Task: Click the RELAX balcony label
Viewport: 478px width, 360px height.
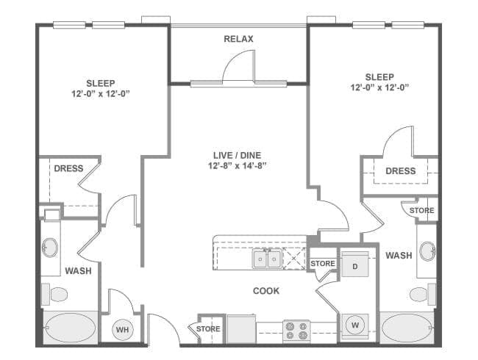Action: pyautogui.click(x=238, y=39)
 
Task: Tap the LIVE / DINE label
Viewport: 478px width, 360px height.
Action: pyautogui.click(x=238, y=155)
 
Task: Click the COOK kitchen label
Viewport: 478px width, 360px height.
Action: pyautogui.click(x=266, y=291)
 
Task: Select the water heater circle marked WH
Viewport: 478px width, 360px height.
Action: pyautogui.click(x=123, y=330)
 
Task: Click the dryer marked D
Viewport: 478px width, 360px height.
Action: pyautogui.click(x=355, y=264)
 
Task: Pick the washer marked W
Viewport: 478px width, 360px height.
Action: pyautogui.click(x=355, y=326)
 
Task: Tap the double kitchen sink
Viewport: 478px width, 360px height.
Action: pyautogui.click(x=267, y=259)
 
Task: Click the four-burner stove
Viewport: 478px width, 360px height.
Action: pyautogui.click(x=296, y=331)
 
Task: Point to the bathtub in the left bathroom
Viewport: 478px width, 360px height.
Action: pyautogui.click(x=71, y=328)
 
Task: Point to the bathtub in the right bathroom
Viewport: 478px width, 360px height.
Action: pyautogui.click(x=407, y=328)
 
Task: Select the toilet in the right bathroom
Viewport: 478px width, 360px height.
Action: pyautogui.click(x=423, y=294)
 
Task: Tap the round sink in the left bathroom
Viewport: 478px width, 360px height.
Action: pyautogui.click(x=50, y=248)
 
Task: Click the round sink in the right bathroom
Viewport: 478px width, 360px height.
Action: pyautogui.click(x=427, y=251)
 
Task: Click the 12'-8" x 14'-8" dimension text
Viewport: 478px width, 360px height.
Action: pyautogui.click(x=238, y=166)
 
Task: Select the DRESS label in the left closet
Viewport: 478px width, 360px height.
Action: pyautogui.click(x=68, y=168)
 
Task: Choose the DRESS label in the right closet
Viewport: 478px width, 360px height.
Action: pyautogui.click(x=401, y=171)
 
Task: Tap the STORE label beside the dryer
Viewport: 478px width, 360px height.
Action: pyautogui.click(x=323, y=264)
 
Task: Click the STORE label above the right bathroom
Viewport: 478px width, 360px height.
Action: pyautogui.click(x=422, y=210)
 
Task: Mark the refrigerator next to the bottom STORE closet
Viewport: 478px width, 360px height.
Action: pyautogui.click(x=241, y=330)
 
